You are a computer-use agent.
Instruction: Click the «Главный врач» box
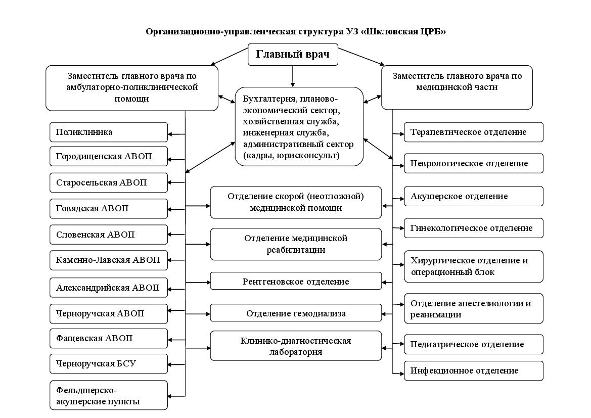tap(293, 54)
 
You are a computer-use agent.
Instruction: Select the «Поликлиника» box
tap(109, 132)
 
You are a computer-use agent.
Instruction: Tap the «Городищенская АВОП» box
tap(109, 156)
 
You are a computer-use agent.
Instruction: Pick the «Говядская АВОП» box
tap(109, 208)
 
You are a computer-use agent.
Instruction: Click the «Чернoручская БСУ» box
tap(109, 364)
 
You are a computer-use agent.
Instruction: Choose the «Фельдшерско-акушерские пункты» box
tap(109, 395)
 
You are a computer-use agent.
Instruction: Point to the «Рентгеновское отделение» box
tap(296, 281)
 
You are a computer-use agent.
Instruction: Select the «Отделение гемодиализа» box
tap(296, 313)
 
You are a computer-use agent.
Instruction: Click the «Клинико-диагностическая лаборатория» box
tap(296, 346)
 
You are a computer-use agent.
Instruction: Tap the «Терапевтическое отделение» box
tap(474, 132)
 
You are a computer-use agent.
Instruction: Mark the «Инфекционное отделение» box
tap(474, 370)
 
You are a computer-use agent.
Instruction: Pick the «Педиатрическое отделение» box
tap(474, 344)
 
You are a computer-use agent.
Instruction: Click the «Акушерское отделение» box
tap(474, 196)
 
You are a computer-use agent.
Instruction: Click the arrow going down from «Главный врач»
tap(293, 76)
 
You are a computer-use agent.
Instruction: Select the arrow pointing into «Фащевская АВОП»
tap(176, 340)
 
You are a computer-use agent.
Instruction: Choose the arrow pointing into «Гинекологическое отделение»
tap(398, 228)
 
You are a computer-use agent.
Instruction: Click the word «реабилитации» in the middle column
tap(296, 250)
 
